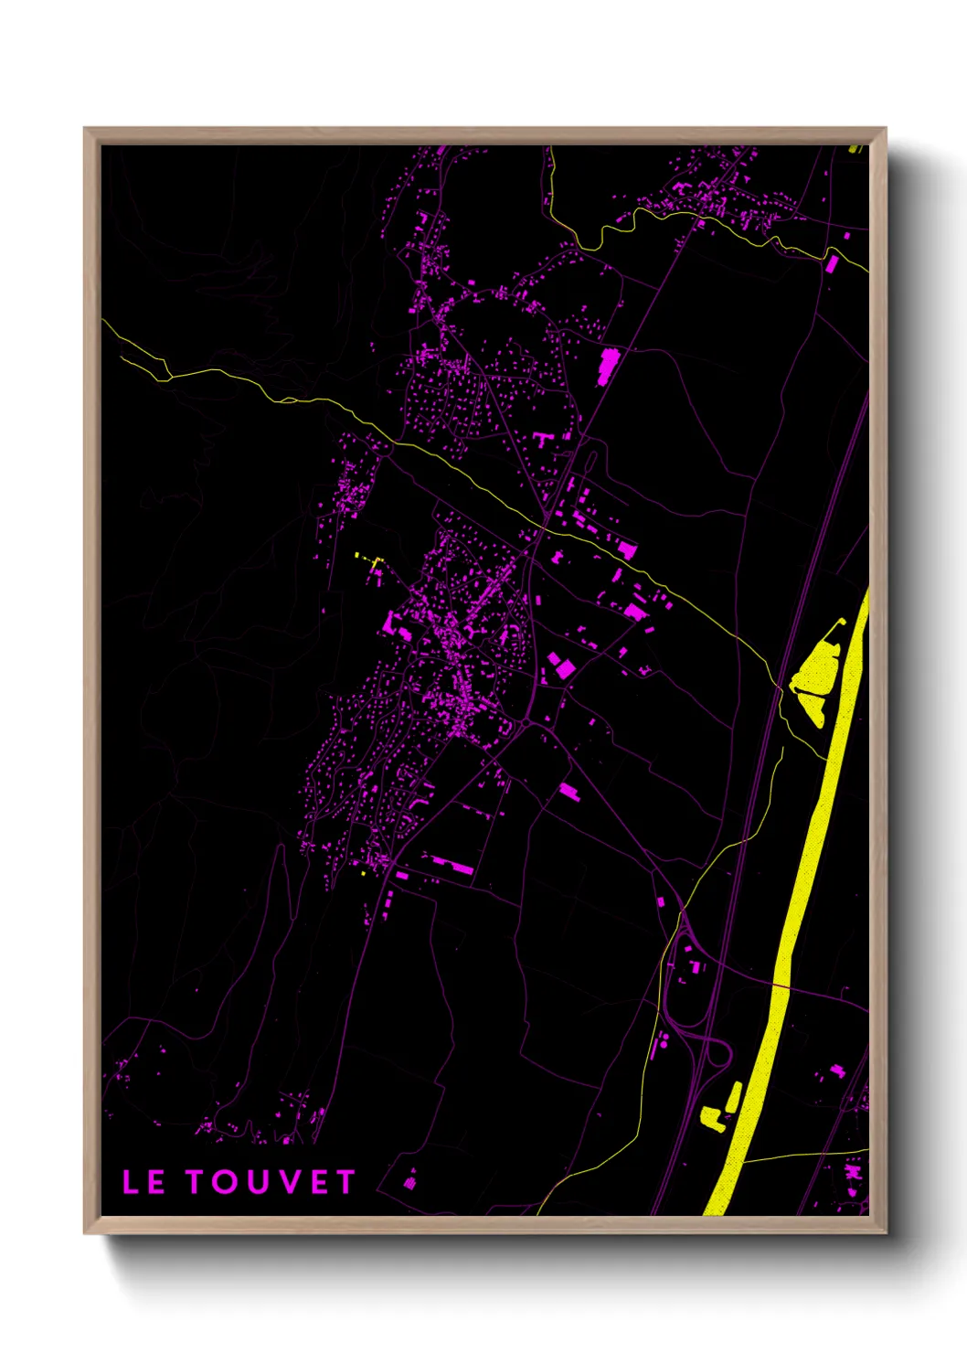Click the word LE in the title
(143, 1182)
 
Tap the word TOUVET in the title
(271, 1182)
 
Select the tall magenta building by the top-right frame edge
(832, 264)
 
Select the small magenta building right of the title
(410, 1180)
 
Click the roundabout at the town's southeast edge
(522, 723)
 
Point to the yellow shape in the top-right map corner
(855, 147)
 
